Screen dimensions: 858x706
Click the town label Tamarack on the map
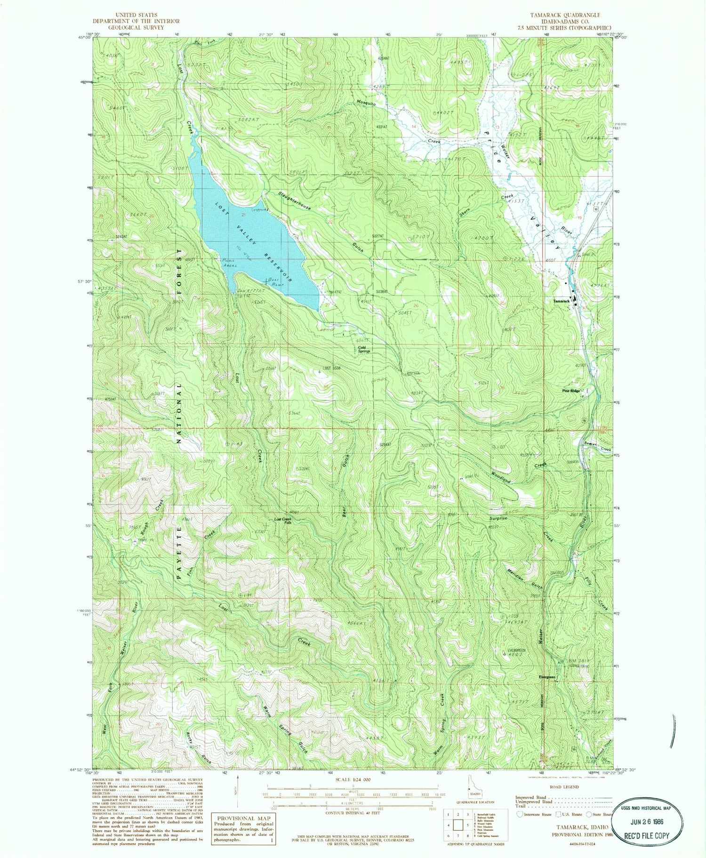pyautogui.click(x=561, y=301)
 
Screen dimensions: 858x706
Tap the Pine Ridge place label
pyautogui.click(x=571, y=391)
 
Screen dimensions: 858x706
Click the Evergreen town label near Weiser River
pyautogui.click(x=547, y=677)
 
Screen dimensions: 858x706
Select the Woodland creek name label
pyautogui.click(x=501, y=476)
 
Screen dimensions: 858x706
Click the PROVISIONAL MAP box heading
pyautogui.click(x=242, y=818)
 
